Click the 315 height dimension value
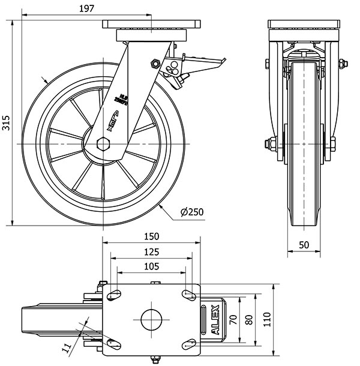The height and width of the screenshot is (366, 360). pos(6,122)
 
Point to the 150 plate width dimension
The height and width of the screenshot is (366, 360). pos(151,236)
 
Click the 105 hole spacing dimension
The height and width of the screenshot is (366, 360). pos(151,266)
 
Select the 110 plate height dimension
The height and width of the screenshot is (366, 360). pos(267,317)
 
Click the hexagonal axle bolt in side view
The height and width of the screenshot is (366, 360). pos(103,144)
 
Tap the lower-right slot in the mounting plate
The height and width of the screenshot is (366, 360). pos(190,344)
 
